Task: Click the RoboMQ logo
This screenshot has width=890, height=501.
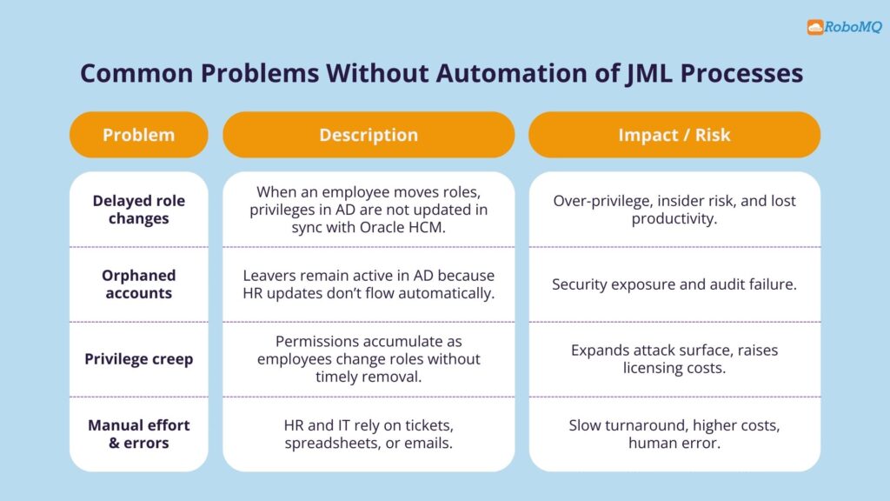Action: click(x=843, y=27)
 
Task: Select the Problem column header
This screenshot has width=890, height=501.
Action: click(x=138, y=135)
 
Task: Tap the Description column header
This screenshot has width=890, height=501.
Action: click(x=369, y=135)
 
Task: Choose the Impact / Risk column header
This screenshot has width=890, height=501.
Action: click(x=674, y=135)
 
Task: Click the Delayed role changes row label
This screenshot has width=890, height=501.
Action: click(x=138, y=210)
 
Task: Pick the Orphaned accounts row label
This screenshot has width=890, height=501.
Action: click(x=138, y=284)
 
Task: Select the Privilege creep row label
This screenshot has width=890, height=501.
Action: click(x=138, y=359)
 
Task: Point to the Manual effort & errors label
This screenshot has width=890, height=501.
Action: click(x=138, y=434)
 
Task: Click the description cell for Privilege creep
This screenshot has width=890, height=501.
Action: click(x=369, y=359)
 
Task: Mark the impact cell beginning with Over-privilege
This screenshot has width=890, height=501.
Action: click(x=674, y=210)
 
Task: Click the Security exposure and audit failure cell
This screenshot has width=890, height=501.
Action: click(x=674, y=284)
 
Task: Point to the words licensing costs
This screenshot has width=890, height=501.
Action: click(x=674, y=368)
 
